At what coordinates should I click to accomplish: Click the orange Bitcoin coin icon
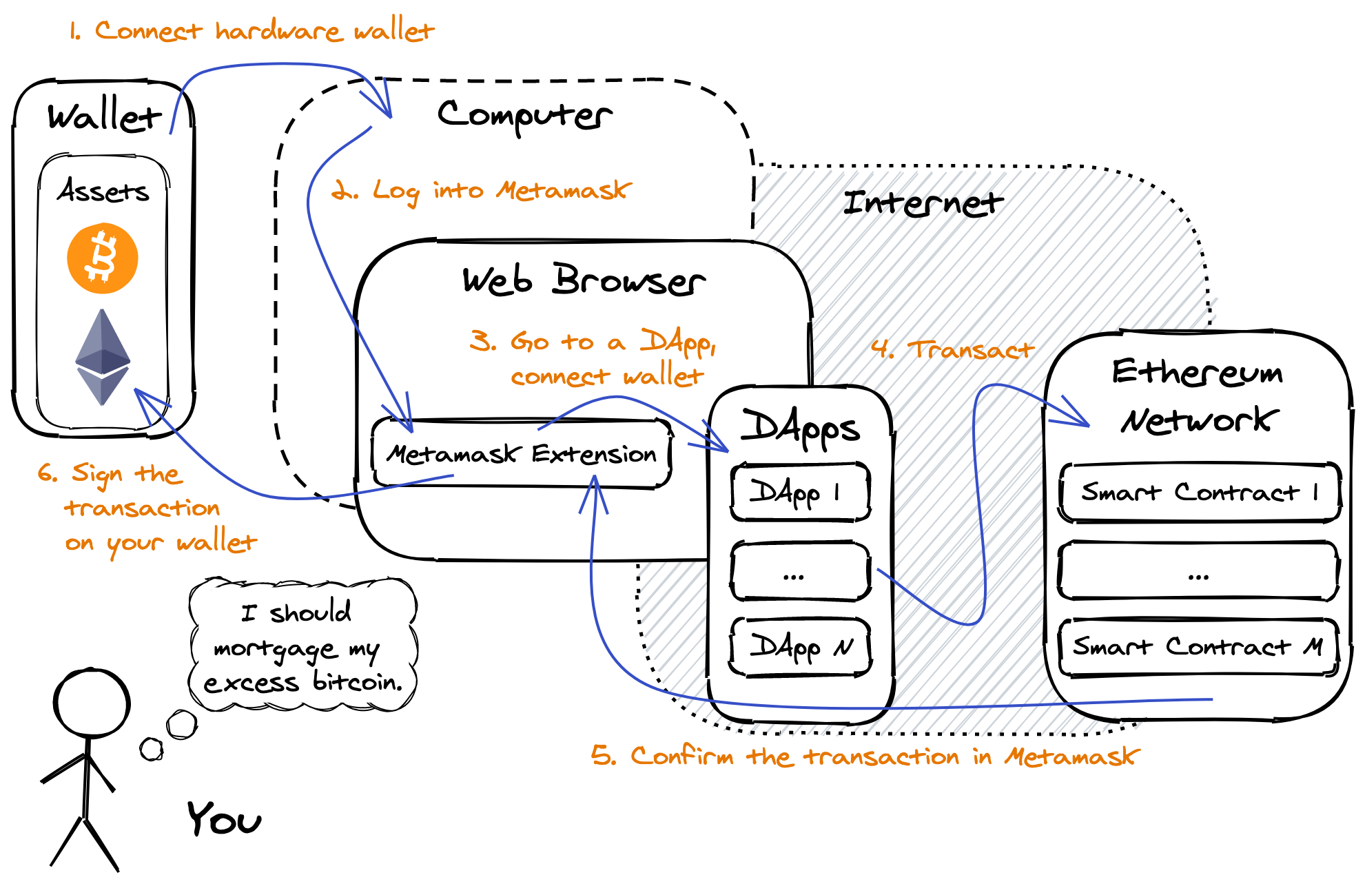103,258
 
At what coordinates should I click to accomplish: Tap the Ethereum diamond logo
103,357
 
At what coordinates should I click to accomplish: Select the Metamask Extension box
522,453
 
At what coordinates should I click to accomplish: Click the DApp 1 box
800,492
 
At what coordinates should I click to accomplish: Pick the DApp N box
800,647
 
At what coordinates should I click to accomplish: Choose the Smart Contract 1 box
1199,492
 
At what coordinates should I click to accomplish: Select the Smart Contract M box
1199,646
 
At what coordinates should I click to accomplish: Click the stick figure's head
92,703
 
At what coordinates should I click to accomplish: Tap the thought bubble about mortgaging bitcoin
303,646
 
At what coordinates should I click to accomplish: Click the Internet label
923,203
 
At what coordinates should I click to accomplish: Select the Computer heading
524,115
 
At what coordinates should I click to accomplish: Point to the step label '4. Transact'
953,349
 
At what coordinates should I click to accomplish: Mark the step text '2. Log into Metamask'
481,190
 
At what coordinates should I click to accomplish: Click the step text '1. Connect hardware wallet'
252,31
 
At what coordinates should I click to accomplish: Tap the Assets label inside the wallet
103,191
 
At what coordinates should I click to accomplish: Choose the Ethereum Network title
1198,395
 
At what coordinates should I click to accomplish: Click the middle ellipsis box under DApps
800,571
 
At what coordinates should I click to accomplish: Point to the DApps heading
800,427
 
